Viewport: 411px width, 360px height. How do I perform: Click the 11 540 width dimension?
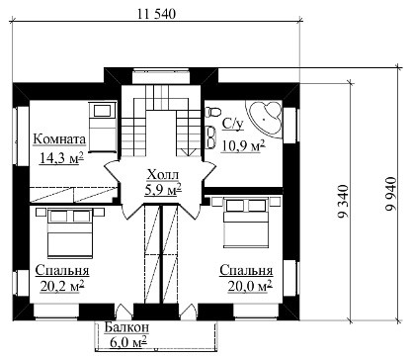click(157, 14)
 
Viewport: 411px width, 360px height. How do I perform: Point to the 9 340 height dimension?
click(343, 202)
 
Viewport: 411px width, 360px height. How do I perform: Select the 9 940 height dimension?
click(391, 195)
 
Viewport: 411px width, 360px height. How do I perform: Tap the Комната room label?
click(59, 139)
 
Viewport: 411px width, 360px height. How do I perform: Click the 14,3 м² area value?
click(61, 158)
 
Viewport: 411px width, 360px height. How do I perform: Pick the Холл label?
click(162, 174)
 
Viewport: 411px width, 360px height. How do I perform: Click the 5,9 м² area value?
click(163, 189)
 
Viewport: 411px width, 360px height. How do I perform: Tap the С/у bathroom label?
click(232, 124)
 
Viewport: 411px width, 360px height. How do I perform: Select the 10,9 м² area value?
click(244, 145)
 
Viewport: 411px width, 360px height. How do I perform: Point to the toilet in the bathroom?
click(212, 112)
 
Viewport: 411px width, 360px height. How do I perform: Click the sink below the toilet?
click(210, 136)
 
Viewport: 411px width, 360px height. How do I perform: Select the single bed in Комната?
click(103, 127)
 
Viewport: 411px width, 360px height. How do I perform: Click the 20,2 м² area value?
click(62, 286)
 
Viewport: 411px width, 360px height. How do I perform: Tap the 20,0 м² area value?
click(250, 286)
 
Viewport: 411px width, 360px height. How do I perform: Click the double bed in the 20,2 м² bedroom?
click(70, 232)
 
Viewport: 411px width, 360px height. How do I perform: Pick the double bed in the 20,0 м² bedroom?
click(246, 223)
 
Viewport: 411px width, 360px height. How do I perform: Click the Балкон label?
click(126, 327)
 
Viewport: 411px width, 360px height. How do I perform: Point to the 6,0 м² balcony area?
click(127, 342)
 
